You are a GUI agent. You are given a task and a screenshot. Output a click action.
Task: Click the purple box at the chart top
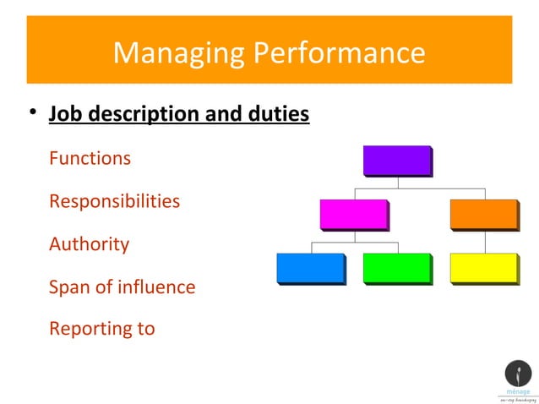(397, 161)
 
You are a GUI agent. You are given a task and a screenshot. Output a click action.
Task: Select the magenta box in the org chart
(354, 214)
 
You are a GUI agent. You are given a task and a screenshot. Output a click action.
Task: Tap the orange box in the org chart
(483, 214)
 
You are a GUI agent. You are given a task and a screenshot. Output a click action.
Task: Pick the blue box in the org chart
(310, 267)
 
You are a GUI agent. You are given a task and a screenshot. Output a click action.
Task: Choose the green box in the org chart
(396, 267)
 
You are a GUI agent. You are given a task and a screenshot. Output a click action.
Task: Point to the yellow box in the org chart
(483, 267)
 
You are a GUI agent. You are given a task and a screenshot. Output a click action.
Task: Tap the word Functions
(90, 158)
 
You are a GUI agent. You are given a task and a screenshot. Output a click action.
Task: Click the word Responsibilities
(114, 202)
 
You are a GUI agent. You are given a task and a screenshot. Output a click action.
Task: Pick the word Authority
(89, 244)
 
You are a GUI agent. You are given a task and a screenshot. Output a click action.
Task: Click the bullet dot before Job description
(31, 114)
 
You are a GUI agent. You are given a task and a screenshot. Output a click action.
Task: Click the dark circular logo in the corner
(518, 373)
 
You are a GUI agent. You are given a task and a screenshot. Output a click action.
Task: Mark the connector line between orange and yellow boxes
(484, 241)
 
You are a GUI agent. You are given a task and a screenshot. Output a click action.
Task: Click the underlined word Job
(65, 113)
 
